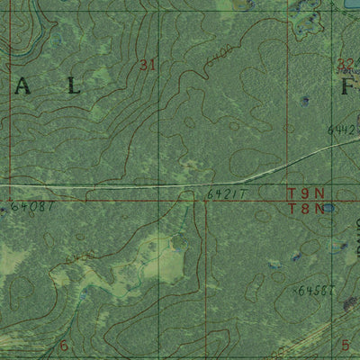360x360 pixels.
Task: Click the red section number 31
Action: coord(148,64)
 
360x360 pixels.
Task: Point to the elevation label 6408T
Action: coord(36,206)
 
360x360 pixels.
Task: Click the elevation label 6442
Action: coord(344,130)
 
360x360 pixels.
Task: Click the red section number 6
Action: coord(64,346)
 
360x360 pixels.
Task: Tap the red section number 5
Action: coord(346,346)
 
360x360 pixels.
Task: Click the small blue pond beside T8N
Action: coord(328,208)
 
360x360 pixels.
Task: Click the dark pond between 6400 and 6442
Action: coord(305,101)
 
